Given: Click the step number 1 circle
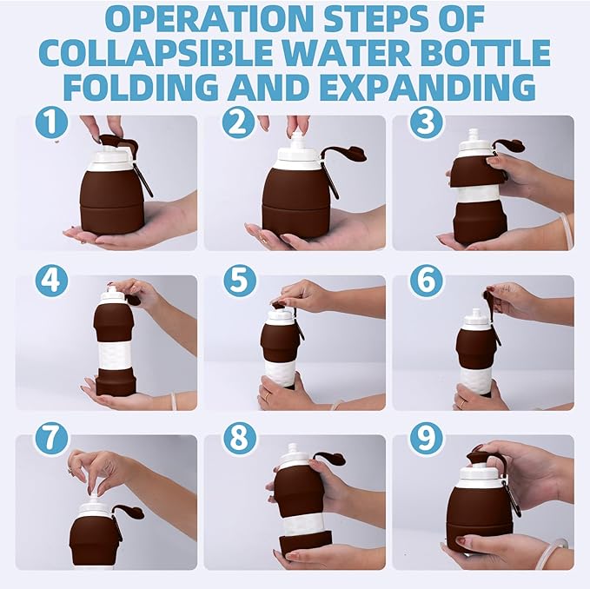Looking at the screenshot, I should [52, 122].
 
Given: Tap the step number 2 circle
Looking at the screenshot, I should [238, 122].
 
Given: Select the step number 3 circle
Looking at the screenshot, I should [425, 122].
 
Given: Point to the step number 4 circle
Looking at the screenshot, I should [52, 281].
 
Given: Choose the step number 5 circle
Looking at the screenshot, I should [240, 281].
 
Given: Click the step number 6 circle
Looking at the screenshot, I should [426, 281].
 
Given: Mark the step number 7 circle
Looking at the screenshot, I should [52, 439].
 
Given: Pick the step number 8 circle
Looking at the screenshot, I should [240, 439].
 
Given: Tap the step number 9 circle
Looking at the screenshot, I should [426, 439].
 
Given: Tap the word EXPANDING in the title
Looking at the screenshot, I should [431, 87].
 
